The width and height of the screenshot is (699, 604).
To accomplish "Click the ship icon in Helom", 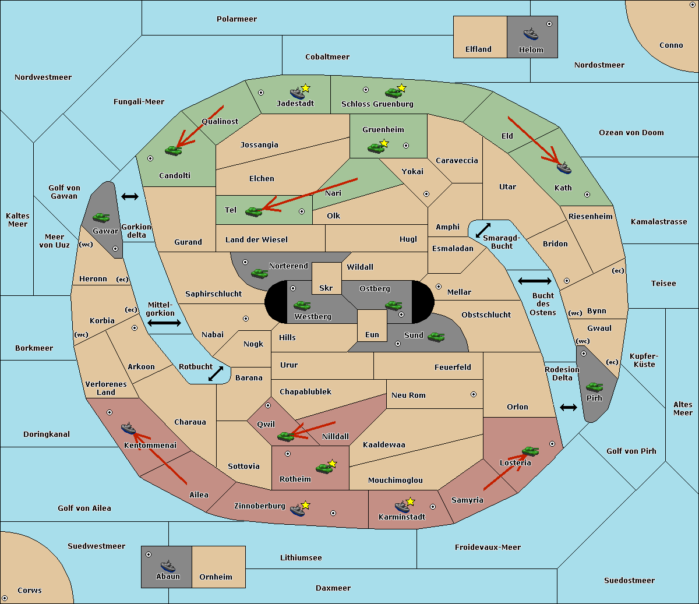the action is pos(531,34).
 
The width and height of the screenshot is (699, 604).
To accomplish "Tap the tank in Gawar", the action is pos(101,217).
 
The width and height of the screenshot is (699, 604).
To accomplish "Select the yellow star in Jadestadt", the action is pos(306,89).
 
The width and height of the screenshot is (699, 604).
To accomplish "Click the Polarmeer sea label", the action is pos(236,19).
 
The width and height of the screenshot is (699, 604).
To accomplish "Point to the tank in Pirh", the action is pos(594,387).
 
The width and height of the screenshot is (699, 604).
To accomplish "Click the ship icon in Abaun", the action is pos(168,566).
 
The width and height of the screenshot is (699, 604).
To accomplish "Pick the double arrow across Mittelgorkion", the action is pos(164,323).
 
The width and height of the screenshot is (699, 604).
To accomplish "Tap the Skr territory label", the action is pos(326,288).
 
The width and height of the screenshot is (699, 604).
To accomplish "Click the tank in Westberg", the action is pos(302,305).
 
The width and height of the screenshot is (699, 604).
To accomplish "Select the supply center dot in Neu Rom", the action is pos(474,394).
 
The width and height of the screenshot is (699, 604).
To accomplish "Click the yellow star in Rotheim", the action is pos(332,463).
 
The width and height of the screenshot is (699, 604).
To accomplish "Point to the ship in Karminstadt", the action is pos(402,507).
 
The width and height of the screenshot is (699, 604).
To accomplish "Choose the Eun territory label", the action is pos(372,334).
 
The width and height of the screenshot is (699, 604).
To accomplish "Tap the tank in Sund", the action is pos(436,337).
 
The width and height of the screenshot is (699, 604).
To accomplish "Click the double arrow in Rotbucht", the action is pos(216,373).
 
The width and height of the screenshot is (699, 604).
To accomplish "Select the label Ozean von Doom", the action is pos(631,133).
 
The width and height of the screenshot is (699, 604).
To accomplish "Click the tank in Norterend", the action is pos(259,273).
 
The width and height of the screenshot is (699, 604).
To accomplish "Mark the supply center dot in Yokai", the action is pos(426,194).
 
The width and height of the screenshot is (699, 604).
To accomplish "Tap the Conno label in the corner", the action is pos(671,45).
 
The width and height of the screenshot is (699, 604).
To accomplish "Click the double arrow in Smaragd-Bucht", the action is pos(483,230).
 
